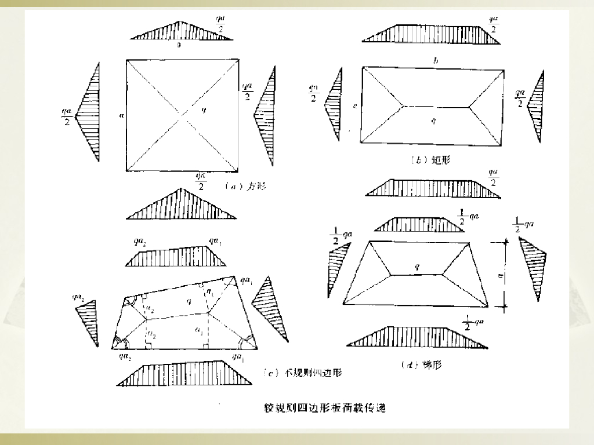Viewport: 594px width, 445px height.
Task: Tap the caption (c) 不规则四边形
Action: tap(302, 373)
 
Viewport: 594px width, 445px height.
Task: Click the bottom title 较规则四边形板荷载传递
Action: tap(320, 408)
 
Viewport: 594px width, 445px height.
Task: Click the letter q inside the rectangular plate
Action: tap(433, 120)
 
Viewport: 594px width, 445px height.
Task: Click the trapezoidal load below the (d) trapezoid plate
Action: tap(418, 338)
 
